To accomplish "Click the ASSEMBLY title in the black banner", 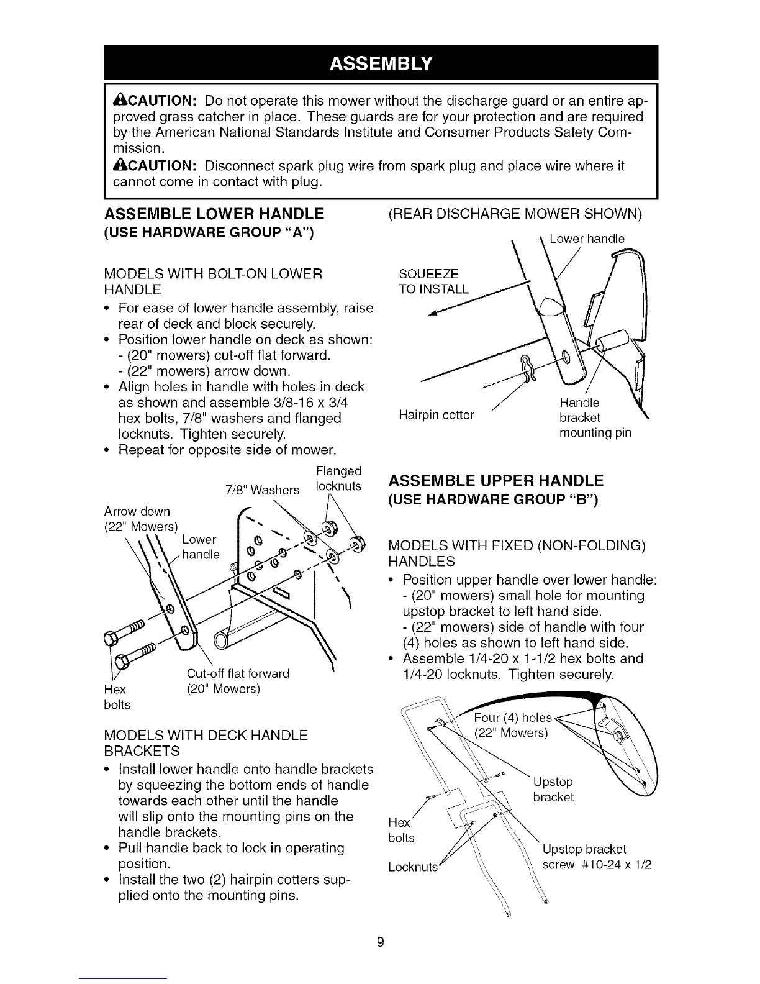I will click(x=379, y=64).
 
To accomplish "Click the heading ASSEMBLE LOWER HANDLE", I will click(x=214, y=214).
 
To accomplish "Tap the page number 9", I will click(x=380, y=942).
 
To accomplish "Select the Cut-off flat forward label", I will click(x=238, y=674).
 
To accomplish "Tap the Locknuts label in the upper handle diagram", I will click(x=413, y=867).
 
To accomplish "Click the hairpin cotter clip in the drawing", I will click(x=528, y=368).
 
